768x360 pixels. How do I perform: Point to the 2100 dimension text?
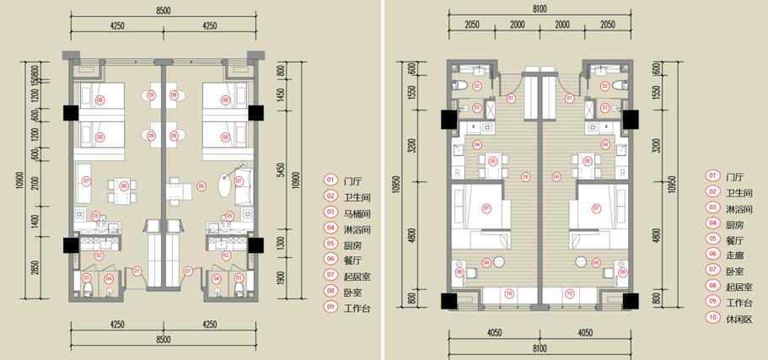point(35,184)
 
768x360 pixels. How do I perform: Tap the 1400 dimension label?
point(35,222)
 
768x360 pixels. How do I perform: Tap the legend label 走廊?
point(736,255)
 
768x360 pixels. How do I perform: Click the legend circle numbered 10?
point(713,320)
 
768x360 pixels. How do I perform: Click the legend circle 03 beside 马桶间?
point(330,212)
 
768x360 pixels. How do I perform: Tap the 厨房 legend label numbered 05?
point(354,244)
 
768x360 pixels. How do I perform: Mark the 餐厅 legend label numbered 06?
point(354,260)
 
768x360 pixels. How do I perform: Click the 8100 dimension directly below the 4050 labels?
point(540,349)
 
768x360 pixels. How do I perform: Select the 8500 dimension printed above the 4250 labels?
point(164,9)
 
